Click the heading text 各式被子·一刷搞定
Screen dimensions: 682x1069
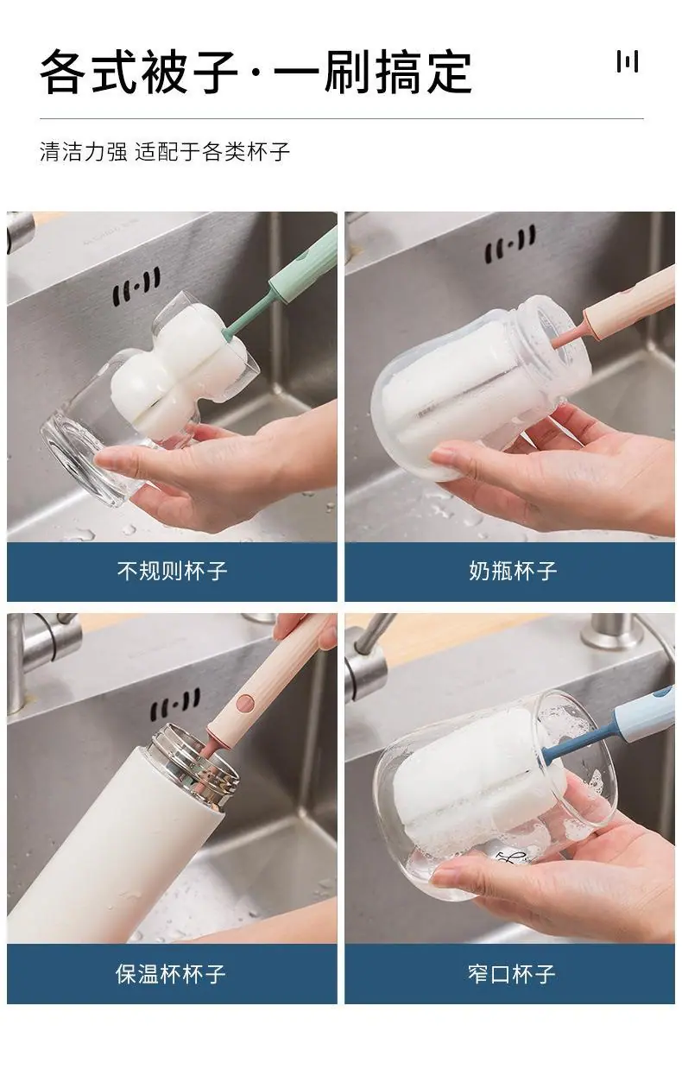[x=256, y=72]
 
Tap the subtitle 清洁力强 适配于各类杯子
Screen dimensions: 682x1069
[x=165, y=151]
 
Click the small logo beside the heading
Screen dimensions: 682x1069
[x=627, y=61]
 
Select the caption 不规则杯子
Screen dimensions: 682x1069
[x=172, y=571]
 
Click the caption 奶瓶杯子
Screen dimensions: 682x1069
[x=513, y=571]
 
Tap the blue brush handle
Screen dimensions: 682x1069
[x=643, y=715]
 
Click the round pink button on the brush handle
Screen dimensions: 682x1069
[x=246, y=702]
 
